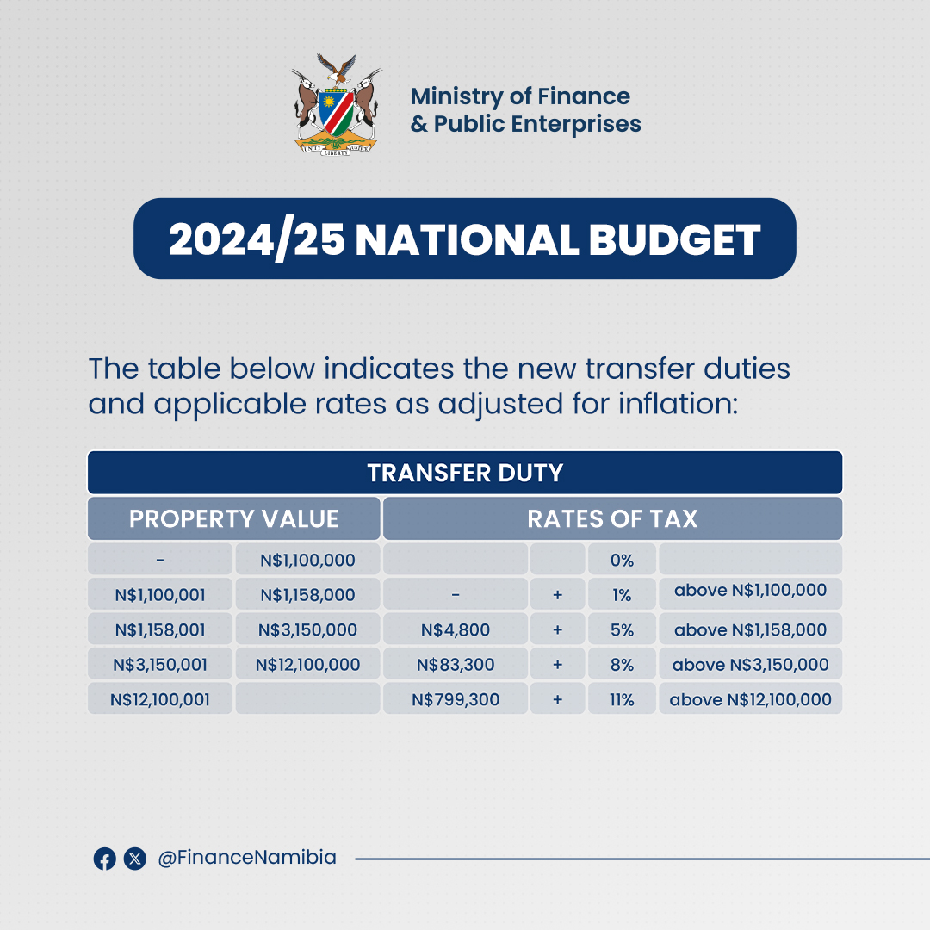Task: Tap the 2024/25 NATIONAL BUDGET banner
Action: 464,239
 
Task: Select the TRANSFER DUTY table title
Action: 464,473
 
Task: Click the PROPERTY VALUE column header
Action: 233,518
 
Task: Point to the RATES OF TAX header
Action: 612,518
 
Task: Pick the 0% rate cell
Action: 621,560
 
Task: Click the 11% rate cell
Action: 621,699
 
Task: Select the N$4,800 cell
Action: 455,629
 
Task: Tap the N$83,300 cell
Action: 455,664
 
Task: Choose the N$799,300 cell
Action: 455,699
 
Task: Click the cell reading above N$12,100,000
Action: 750,699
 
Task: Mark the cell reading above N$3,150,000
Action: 750,664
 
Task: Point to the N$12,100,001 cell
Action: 160,699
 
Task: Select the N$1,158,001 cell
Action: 160,629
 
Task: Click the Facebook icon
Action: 104,859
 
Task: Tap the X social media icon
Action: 134,859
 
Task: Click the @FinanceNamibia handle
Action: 247,858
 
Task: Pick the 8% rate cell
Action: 621,664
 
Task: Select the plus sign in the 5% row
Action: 557,629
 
